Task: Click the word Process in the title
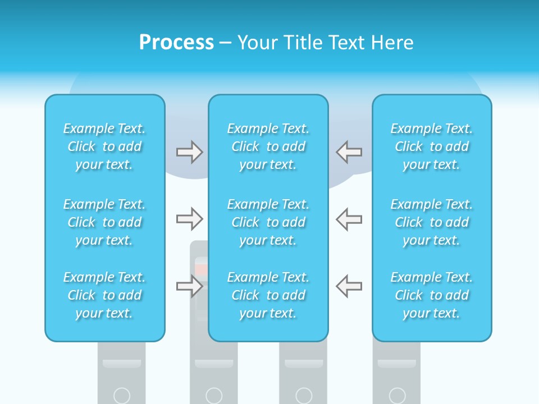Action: [176, 42]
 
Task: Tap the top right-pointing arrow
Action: [189, 152]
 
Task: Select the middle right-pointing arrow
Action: [189, 219]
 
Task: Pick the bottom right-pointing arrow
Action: [189, 286]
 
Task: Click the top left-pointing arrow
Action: [349, 152]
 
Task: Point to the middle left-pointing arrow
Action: [349, 219]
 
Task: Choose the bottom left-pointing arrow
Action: [349, 286]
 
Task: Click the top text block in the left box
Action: [104, 146]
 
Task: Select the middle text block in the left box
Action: [104, 222]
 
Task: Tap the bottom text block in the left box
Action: [104, 295]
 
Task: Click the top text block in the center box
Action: [268, 146]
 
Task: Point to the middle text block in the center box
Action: [268, 222]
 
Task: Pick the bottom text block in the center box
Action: [268, 295]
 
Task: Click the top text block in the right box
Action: [432, 146]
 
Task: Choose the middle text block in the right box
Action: [432, 222]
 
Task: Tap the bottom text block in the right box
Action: [432, 295]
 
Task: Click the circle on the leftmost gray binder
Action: [122, 396]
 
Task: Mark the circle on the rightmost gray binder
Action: [397, 396]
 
